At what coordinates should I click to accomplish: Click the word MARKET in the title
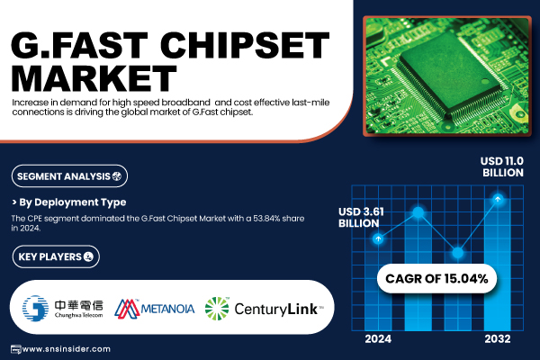[x=94, y=78]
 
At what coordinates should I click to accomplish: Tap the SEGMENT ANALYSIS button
[x=69, y=176]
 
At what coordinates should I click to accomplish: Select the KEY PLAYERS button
[x=56, y=256]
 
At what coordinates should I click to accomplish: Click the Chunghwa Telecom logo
[x=63, y=308]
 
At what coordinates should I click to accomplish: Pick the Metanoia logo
[x=154, y=309]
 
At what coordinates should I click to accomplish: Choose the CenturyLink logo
[x=264, y=309]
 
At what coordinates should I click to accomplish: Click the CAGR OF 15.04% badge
[x=436, y=278]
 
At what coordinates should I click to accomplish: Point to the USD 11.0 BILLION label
[x=502, y=166]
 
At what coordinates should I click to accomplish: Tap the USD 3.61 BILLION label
[x=361, y=218]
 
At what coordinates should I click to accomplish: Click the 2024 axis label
[x=378, y=339]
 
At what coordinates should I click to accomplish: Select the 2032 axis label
[x=498, y=339]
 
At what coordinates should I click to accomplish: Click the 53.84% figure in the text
[x=266, y=219]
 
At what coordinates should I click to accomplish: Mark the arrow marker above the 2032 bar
[x=498, y=199]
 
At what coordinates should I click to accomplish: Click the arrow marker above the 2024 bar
[x=378, y=238]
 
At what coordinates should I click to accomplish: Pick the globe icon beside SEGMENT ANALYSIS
[x=117, y=176]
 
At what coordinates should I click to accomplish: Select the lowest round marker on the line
[x=458, y=253]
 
